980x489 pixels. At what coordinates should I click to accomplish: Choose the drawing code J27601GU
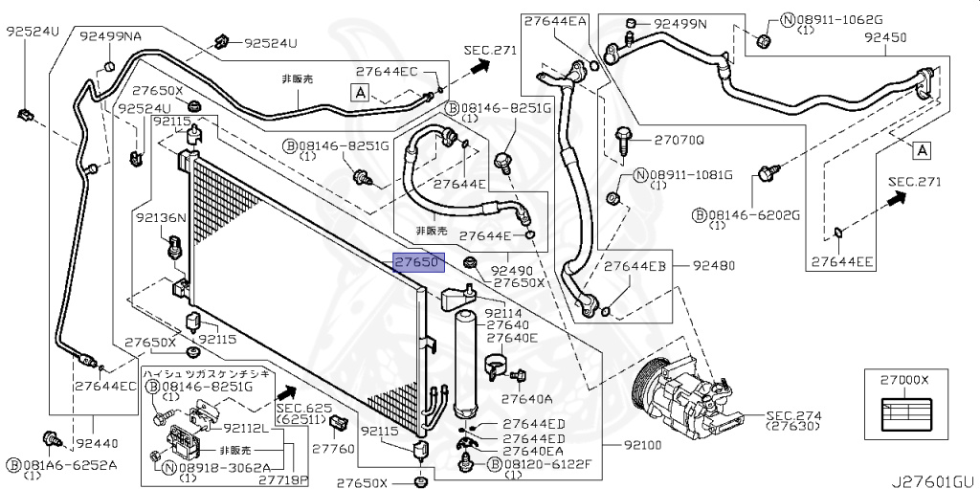[933, 479]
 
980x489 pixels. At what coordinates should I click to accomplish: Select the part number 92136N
[160, 218]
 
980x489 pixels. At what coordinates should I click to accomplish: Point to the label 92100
[640, 446]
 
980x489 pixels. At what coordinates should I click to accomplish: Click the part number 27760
[333, 448]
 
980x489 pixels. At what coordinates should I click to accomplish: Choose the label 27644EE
[841, 259]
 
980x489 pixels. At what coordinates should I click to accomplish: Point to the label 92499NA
[110, 36]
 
